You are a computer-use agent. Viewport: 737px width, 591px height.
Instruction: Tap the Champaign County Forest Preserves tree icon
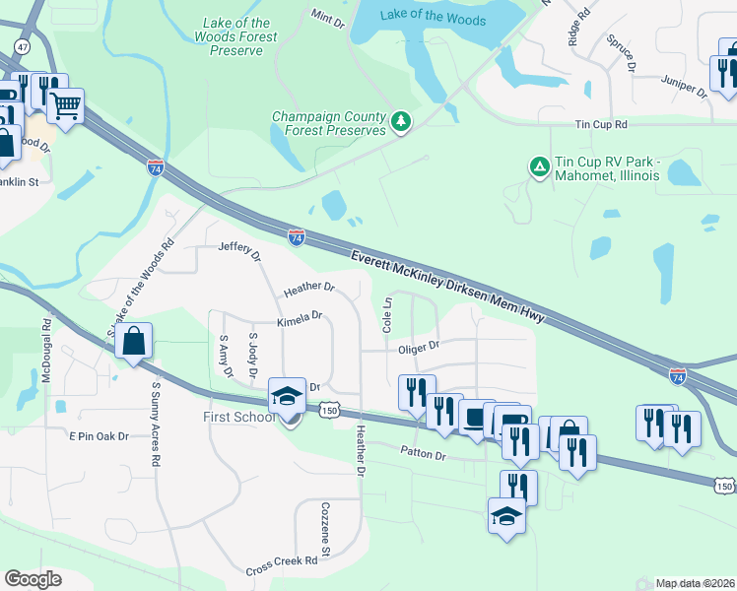pyautogui.click(x=401, y=121)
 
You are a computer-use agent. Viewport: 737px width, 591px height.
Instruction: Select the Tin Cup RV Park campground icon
pyautogui.click(x=539, y=167)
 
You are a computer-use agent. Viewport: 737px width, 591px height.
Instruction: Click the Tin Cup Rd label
pyautogui.click(x=601, y=125)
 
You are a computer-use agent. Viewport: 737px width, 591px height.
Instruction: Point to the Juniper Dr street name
pyautogui.click(x=685, y=86)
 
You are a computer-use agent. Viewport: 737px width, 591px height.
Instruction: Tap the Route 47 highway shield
pyautogui.click(x=21, y=46)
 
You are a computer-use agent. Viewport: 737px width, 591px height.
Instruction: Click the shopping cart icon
pyautogui.click(x=66, y=105)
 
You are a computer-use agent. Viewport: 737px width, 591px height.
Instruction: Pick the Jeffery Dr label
pyautogui.click(x=239, y=250)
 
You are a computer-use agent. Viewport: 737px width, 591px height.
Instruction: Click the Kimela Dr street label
pyautogui.click(x=300, y=317)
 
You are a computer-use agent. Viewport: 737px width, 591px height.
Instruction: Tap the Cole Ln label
pyautogui.click(x=387, y=314)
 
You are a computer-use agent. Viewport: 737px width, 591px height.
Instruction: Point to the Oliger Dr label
pyautogui.click(x=418, y=347)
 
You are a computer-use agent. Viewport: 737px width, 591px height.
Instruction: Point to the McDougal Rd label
pyautogui.click(x=46, y=350)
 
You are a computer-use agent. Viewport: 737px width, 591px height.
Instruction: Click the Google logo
pyautogui.click(x=33, y=579)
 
